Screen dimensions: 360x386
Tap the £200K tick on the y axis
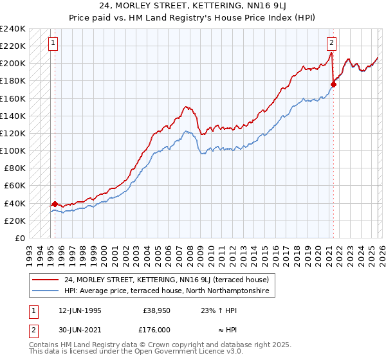tap(13, 64)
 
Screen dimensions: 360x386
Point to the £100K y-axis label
tap(13, 150)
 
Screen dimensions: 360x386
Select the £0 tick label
tap(19, 238)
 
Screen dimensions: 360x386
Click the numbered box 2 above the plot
tap(331, 44)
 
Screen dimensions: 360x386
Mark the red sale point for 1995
tap(55, 204)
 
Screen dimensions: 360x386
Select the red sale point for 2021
tap(333, 84)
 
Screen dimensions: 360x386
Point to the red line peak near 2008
tap(185, 107)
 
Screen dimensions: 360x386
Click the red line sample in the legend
tap(46, 280)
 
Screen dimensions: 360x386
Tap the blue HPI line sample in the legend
tap(46, 291)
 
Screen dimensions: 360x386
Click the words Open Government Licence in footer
tap(181, 354)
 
